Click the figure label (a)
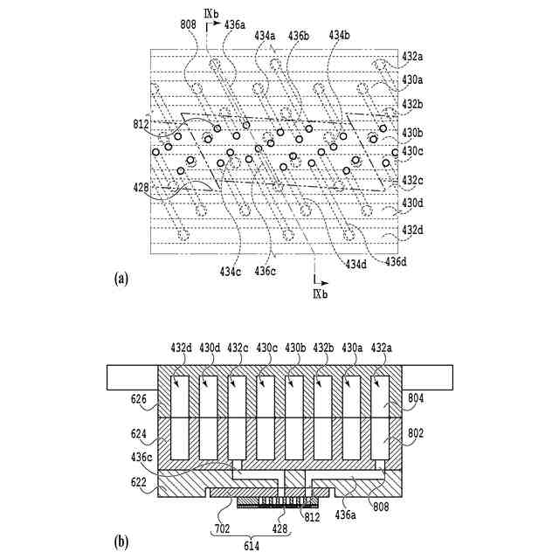click(x=121, y=279)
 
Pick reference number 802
click(x=417, y=431)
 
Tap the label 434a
click(x=265, y=35)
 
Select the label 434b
click(x=340, y=35)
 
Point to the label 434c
click(x=231, y=272)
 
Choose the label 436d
click(x=398, y=260)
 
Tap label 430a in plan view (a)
click(x=412, y=79)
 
